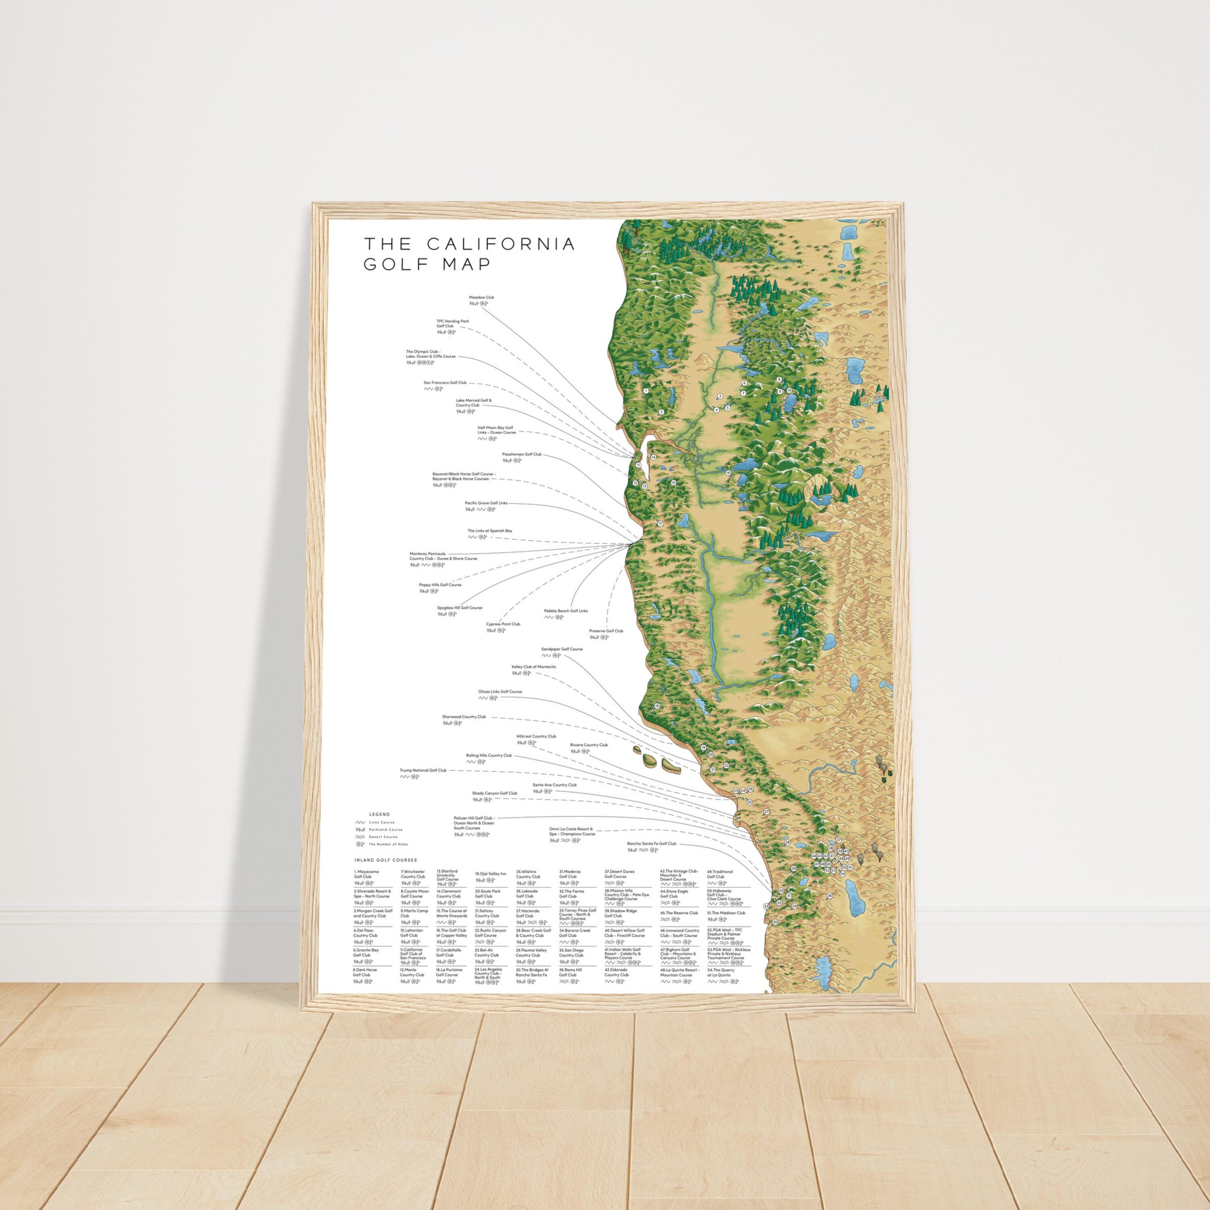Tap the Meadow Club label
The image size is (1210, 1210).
click(x=482, y=298)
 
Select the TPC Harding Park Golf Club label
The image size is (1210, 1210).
click(x=452, y=323)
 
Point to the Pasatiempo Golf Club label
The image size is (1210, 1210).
click(x=522, y=454)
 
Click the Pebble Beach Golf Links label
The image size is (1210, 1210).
click(x=565, y=611)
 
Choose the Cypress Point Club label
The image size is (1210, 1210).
click(x=503, y=624)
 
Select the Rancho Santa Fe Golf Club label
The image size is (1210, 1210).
click(x=651, y=844)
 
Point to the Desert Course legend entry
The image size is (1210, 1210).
click(x=383, y=837)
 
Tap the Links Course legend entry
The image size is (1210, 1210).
click(x=382, y=822)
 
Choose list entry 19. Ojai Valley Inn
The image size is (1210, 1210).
click(x=490, y=873)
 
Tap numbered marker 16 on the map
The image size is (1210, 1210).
click(x=728, y=474)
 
